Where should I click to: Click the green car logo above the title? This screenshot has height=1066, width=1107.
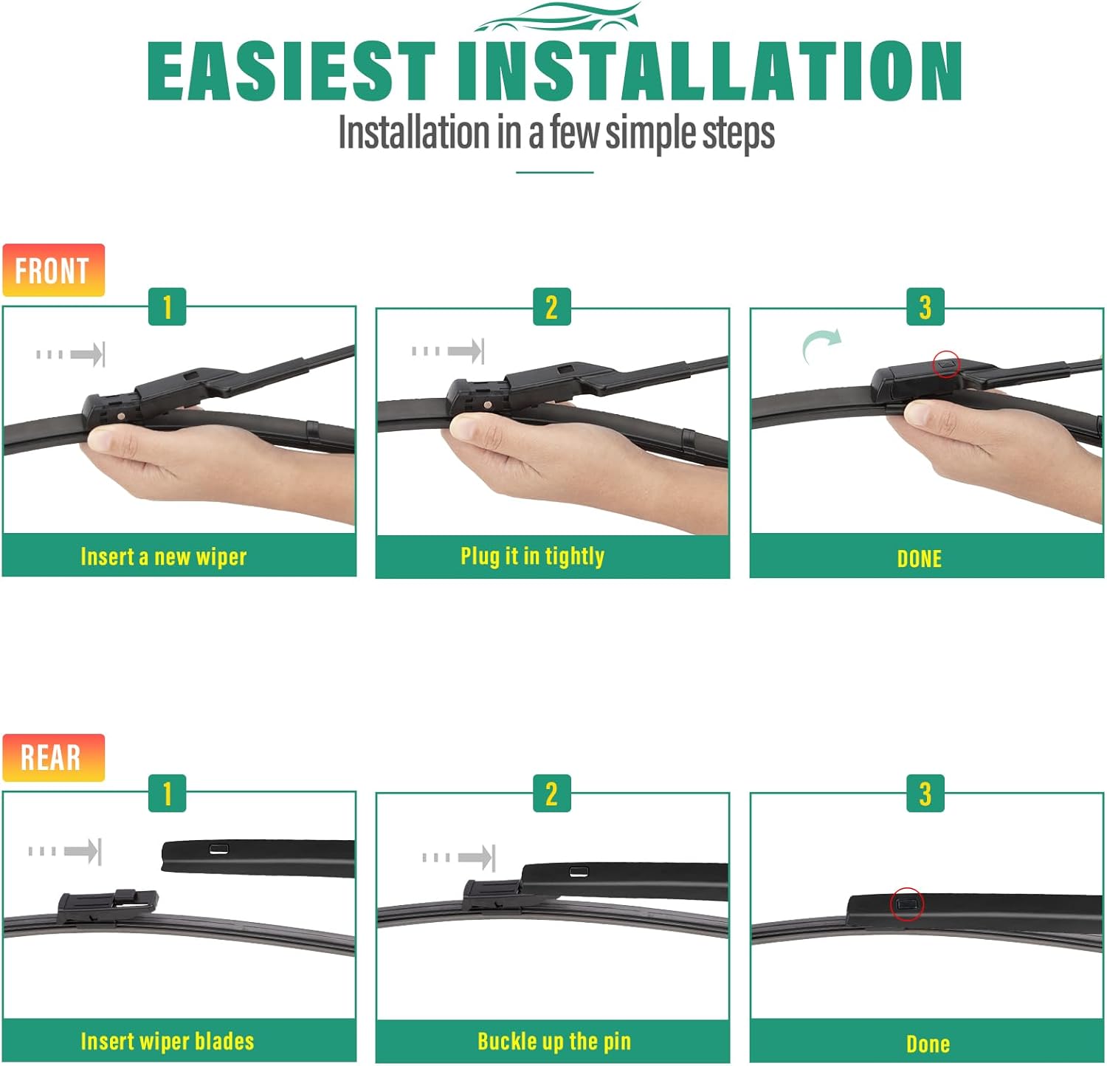pos(557,18)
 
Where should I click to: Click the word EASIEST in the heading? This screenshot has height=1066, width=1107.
pos(292,71)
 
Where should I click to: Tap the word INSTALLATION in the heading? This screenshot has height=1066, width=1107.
pos(710,71)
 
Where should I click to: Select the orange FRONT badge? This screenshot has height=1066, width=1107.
pos(53,270)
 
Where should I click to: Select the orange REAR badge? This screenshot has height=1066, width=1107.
pos(53,757)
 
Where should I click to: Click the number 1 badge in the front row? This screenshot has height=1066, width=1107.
pos(167,306)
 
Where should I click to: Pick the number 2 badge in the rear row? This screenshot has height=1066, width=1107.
pos(551,794)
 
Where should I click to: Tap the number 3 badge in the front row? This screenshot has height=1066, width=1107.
pos(925,306)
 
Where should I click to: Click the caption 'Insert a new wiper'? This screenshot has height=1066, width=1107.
pos(164,557)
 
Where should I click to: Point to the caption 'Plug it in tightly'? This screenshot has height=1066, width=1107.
pos(533,556)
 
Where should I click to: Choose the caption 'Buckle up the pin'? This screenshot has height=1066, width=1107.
pos(554,1042)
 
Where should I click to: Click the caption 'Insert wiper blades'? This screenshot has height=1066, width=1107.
pos(168,1042)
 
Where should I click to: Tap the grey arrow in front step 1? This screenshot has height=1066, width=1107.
pos(71,354)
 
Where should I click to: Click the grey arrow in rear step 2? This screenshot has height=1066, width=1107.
pos(458,857)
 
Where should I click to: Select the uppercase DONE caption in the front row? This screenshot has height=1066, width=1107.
pos(920,559)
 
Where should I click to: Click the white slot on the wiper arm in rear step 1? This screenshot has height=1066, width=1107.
pos(218,848)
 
